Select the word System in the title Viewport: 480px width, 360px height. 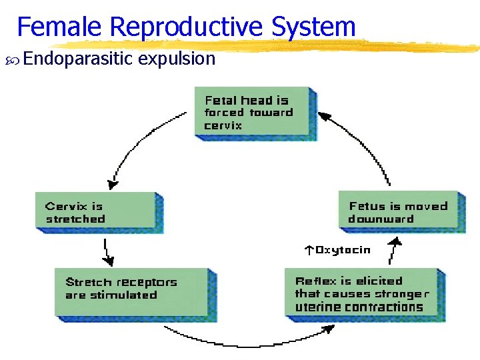(x=313, y=27)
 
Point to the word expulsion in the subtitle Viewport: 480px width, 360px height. (x=178, y=59)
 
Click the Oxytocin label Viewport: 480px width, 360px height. (x=343, y=250)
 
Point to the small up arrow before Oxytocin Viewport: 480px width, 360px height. (x=309, y=251)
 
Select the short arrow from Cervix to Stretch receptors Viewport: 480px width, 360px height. (x=106, y=251)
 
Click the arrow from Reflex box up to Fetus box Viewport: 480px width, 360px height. (x=395, y=253)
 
